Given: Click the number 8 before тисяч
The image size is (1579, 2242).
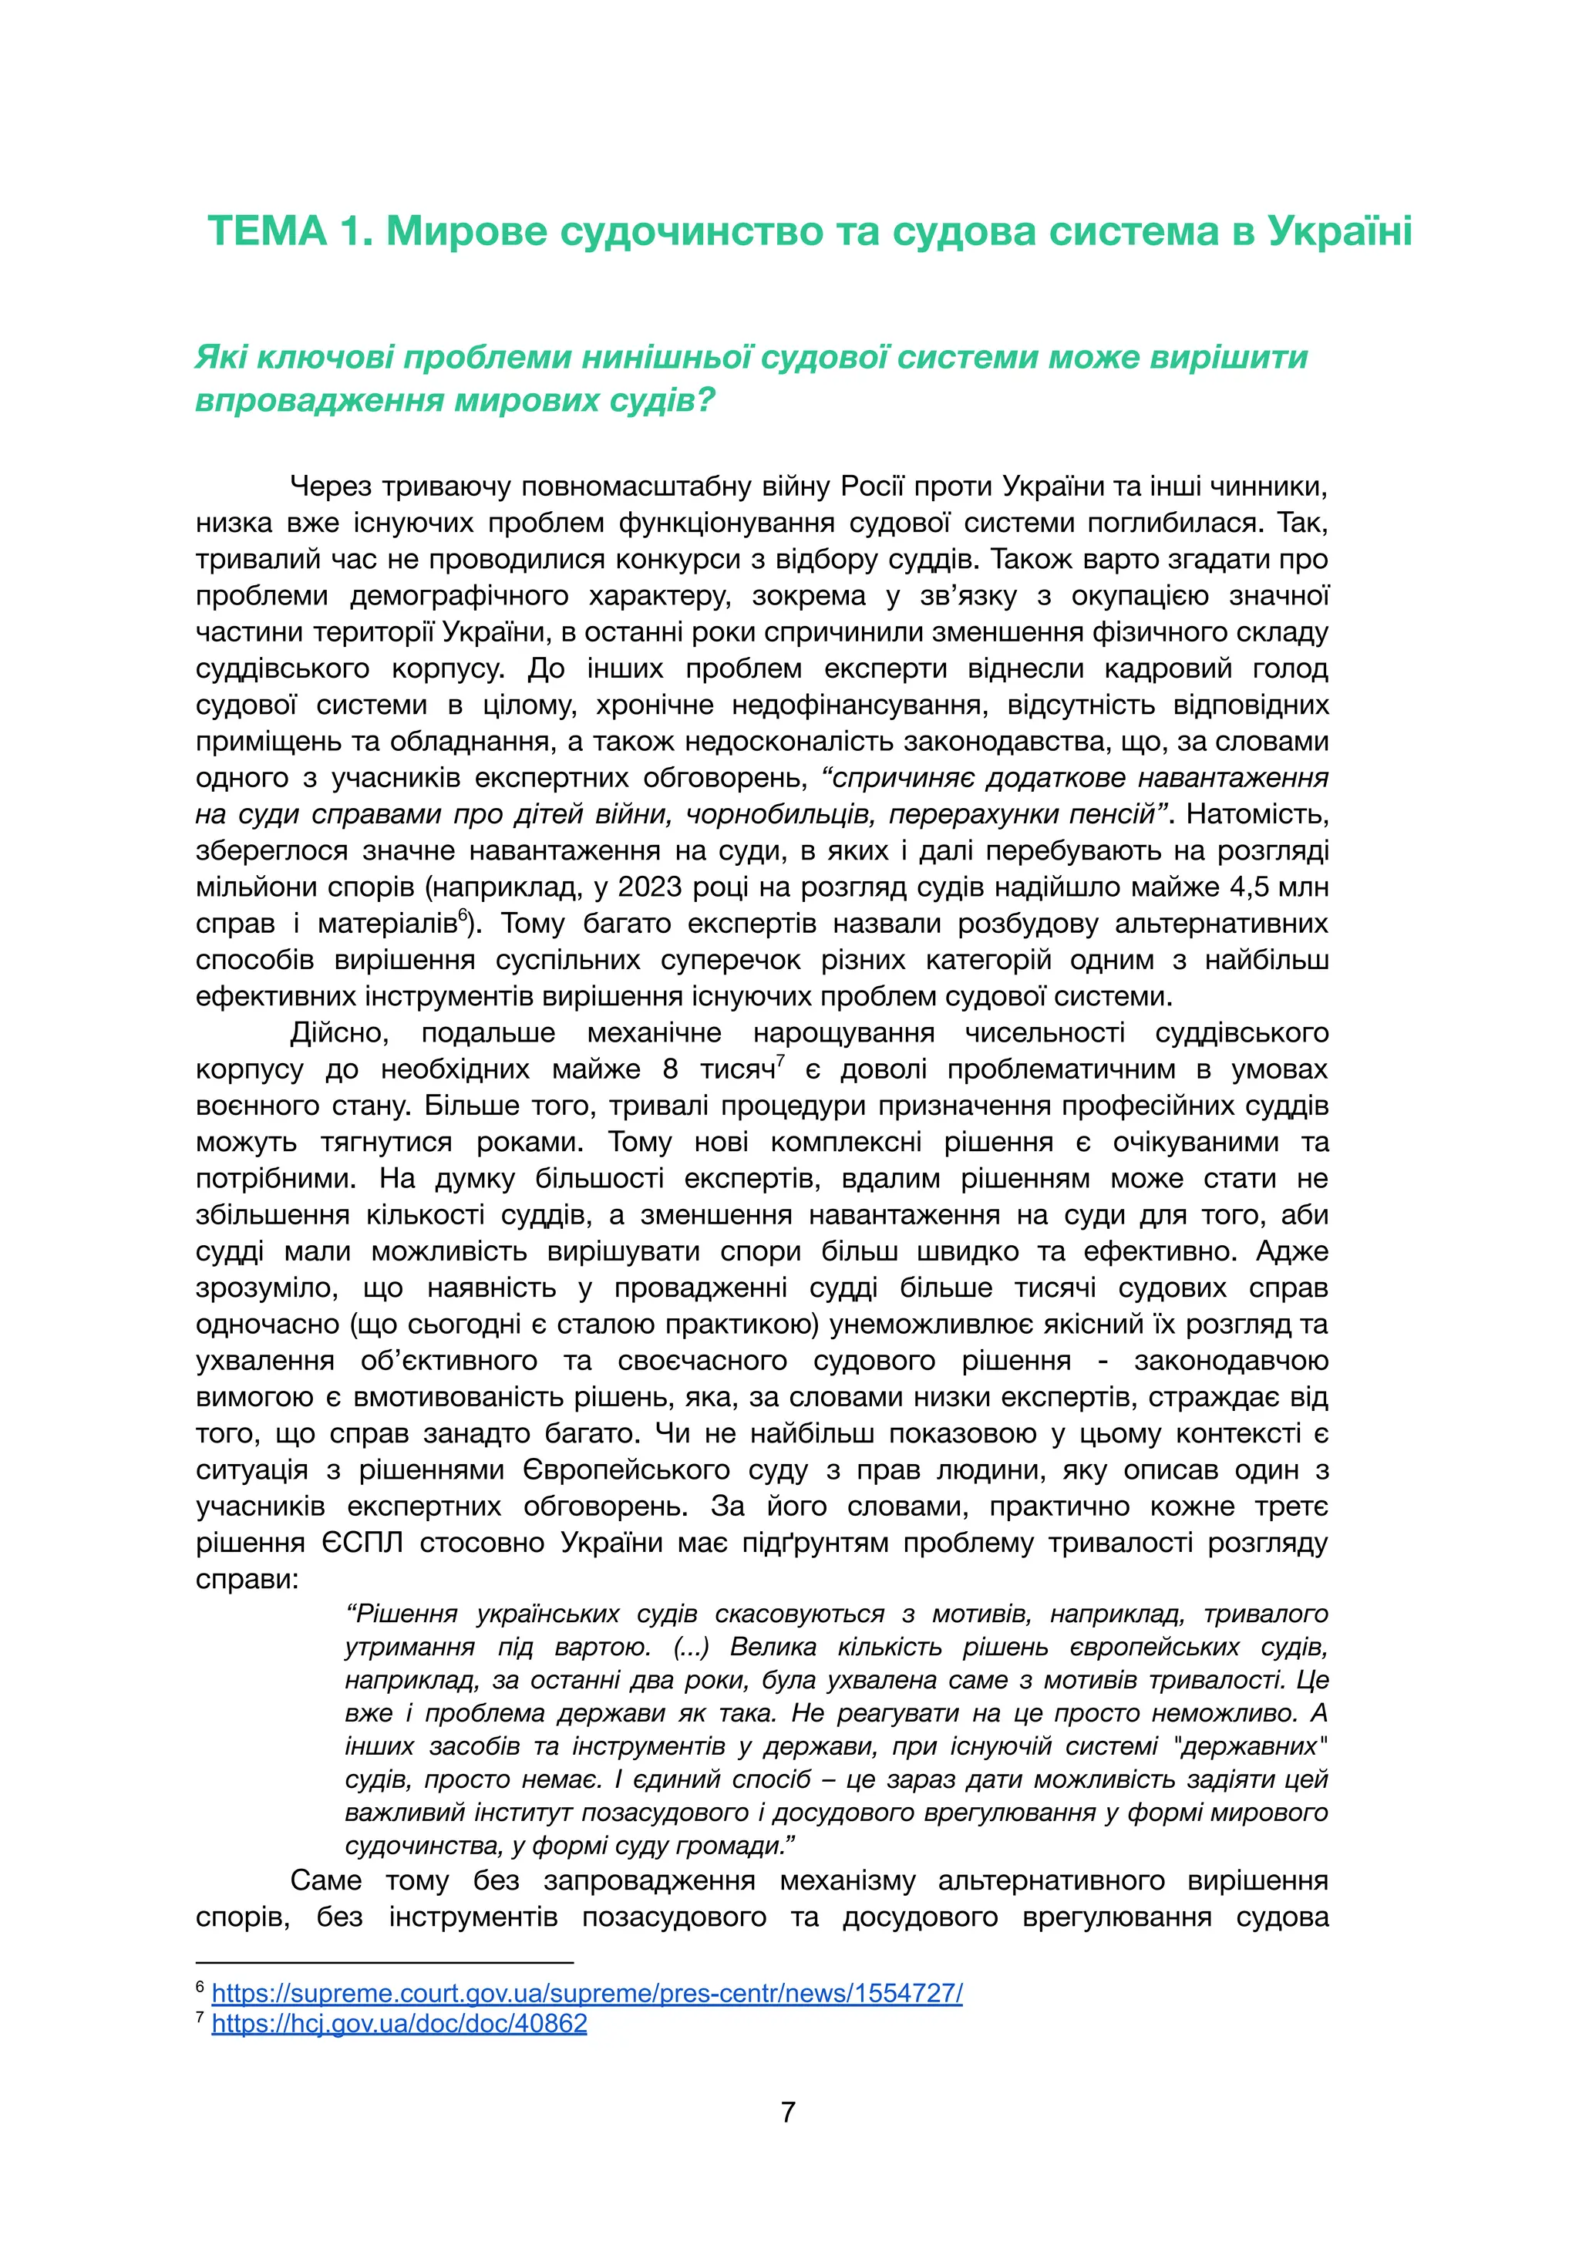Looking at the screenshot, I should click(670, 1069).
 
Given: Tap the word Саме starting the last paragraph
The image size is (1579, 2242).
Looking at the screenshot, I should click(326, 1880).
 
